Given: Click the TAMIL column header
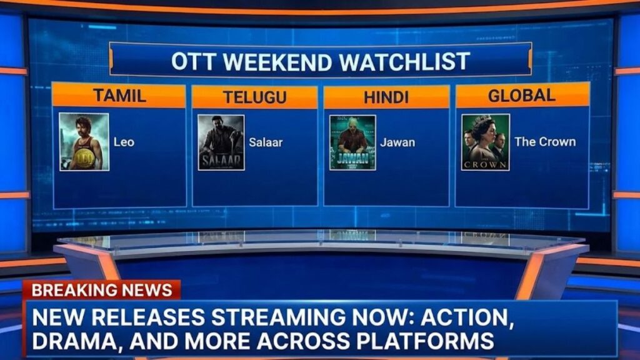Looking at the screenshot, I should click(x=119, y=96).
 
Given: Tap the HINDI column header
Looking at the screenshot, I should click(x=386, y=97).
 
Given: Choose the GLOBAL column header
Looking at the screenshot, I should click(x=522, y=96).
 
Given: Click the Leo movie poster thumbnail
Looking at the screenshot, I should click(x=84, y=142).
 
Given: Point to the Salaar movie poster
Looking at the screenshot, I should click(x=221, y=142).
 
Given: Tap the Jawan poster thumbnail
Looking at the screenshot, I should click(x=352, y=142).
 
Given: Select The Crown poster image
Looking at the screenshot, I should click(x=485, y=142).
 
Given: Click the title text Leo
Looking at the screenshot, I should click(x=124, y=142).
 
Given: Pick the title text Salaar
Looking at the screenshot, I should click(x=266, y=142).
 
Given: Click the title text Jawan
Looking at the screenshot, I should click(x=397, y=142).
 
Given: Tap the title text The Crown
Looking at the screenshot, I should click(x=545, y=142).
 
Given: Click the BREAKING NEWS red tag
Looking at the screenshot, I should click(x=102, y=290).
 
